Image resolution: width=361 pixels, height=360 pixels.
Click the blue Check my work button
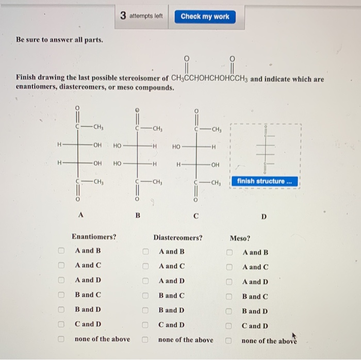click(x=205, y=17)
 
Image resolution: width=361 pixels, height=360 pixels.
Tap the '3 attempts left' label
click(x=141, y=16)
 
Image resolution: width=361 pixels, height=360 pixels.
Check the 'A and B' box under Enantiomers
click(x=61, y=251)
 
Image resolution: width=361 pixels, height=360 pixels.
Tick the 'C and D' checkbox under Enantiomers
click(x=61, y=325)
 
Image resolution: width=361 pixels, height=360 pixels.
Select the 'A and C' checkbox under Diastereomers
click(x=146, y=266)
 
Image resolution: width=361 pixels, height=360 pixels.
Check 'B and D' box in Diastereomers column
click(x=146, y=310)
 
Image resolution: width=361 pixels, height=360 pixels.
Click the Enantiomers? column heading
click(x=94, y=237)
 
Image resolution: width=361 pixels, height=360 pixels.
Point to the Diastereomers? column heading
click(x=178, y=238)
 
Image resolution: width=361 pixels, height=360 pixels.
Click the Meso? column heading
click(x=240, y=238)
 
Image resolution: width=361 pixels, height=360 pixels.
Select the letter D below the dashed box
click(x=264, y=217)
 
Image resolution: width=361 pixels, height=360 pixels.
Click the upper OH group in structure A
click(x=97, y=145)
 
